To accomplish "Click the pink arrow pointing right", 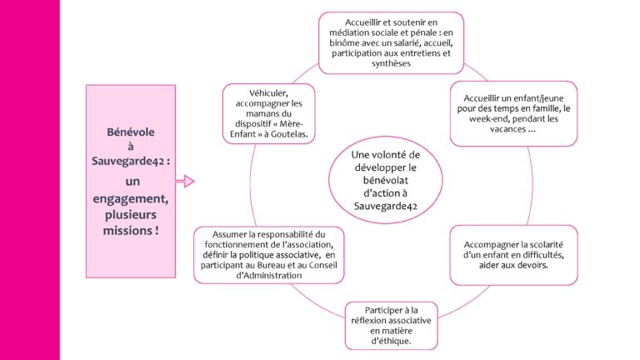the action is [185, 181].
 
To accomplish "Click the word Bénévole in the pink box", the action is [131, 132].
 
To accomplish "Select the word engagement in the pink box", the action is [130, 199].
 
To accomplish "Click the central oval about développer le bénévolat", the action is [385, 180].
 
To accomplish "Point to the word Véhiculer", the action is [268, 93].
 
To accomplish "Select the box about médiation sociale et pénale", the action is [391, 42].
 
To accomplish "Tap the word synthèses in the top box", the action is [391, 63].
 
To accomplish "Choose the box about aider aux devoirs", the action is [513, 255].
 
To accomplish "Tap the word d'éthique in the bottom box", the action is [391, 341].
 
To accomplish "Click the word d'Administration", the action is [269, 276].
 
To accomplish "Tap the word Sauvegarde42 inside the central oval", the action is [385, 206].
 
